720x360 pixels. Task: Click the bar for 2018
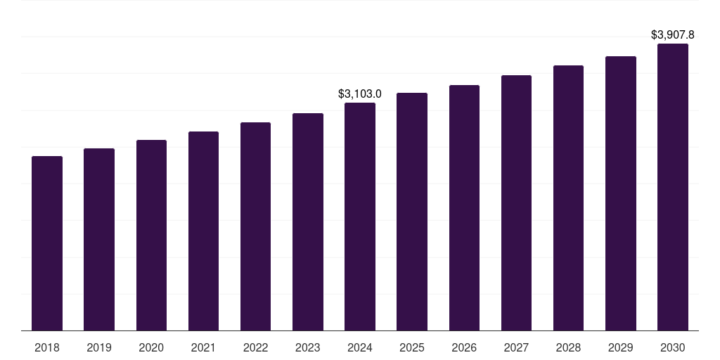[x=47, y=243]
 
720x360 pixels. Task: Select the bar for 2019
[x=99, y=239]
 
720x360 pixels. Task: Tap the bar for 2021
[x=203, y=231]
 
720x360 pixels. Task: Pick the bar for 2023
[x=308, y=221]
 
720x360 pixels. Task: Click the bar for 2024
[x=360, y=217]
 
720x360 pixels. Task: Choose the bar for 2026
[x=464, y=207]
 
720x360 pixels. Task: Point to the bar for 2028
[x=568, y=198]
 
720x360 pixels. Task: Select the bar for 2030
[x=673, y=187]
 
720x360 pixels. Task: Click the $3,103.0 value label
[x=360, y=94]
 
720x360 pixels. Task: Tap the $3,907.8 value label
[x=673, y=34]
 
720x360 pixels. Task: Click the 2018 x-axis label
[x=47, y=347]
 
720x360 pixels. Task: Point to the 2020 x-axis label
[x=151, y=347]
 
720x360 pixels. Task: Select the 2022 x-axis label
[x=255, y=347]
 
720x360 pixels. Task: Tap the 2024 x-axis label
[x=360, y=347]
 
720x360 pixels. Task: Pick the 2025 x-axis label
[x=412, y=347]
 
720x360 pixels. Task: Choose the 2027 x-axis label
[x=516, y=347]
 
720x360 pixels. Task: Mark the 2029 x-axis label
[x=620, y=347]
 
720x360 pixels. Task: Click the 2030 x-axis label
[x=673, y=347]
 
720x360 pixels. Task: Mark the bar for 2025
[x=412, y=212]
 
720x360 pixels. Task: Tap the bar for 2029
[x=620, y=193]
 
